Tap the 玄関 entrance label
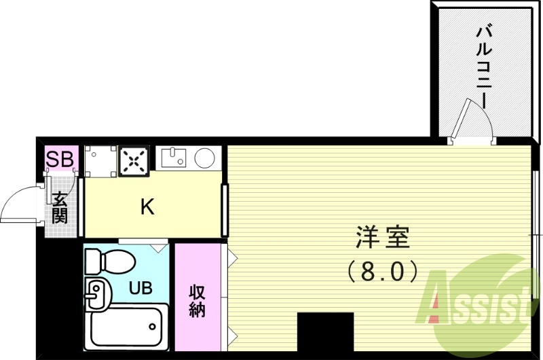point(60,208)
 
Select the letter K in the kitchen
point(147,207)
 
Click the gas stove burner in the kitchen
point(135,162)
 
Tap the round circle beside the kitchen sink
point(206,158)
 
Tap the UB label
point(141,287)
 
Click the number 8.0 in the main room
point(383,272)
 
